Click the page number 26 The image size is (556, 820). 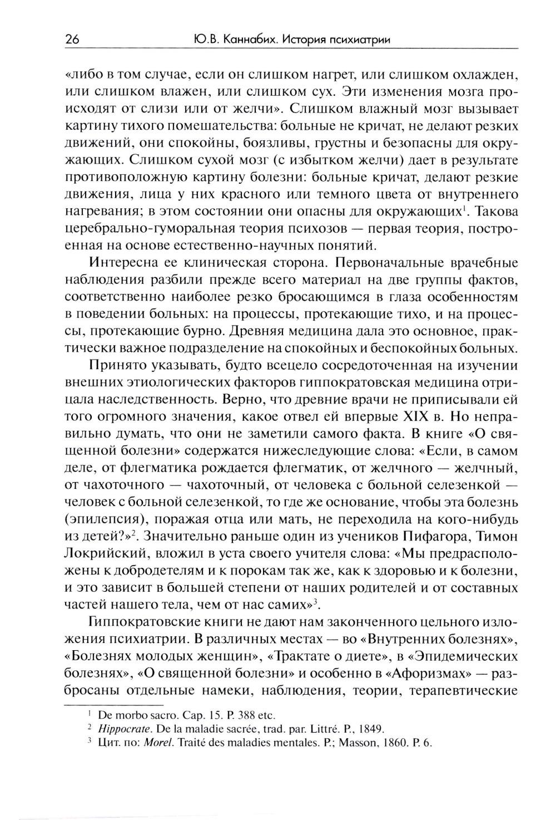coord(72,39)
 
